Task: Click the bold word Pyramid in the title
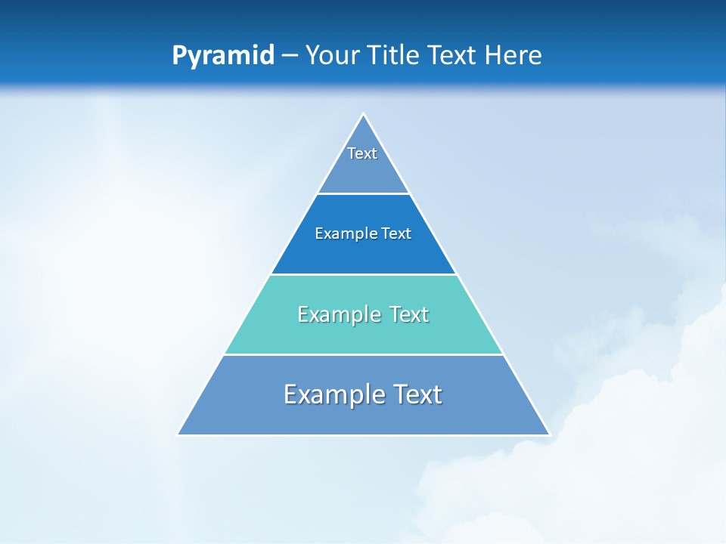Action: pos(223,56)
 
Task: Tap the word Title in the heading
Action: pos(392,56)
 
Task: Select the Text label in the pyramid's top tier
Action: pos(362,153)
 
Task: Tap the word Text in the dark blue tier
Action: pos(396,233)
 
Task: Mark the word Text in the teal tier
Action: pos(408,314)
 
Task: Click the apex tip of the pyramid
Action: pos(364,114)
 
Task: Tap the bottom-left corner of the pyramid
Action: pos(178,434)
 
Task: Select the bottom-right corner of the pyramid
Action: pos(549,434)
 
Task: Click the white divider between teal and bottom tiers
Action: pos(364,354)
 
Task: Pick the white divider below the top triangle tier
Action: pos(364,193)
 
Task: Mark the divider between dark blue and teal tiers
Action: pos(364,274)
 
